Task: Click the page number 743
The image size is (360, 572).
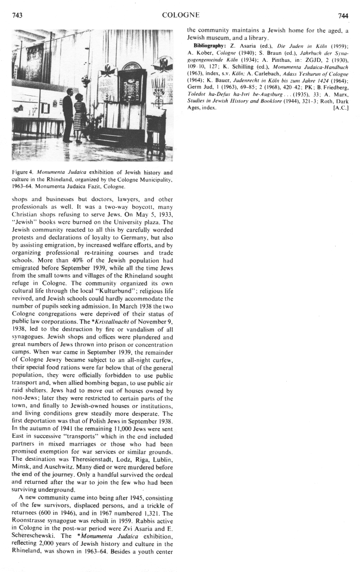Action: pos(17,16)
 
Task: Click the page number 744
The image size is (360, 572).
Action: pos(342,16)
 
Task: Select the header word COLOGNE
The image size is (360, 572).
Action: pos(180,16)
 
